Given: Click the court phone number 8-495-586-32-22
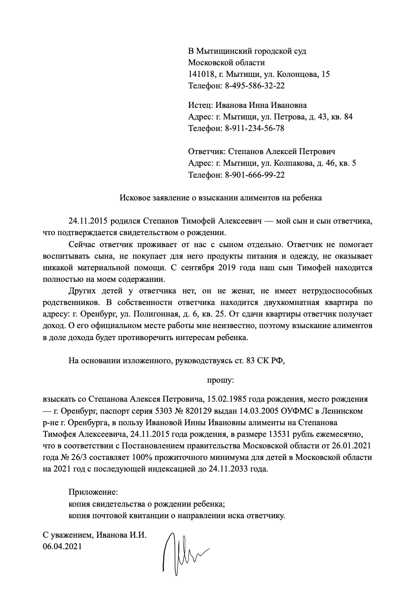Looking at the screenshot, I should (x=255, y=86).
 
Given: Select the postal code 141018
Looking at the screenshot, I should (x=202, y=74).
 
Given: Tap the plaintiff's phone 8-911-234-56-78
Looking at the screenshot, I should (x=254, y=128).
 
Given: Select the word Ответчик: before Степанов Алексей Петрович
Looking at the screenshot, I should (x=207, y=152).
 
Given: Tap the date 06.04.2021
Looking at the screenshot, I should (x=62, y=546).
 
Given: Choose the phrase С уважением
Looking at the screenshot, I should (x=68, y=535).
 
